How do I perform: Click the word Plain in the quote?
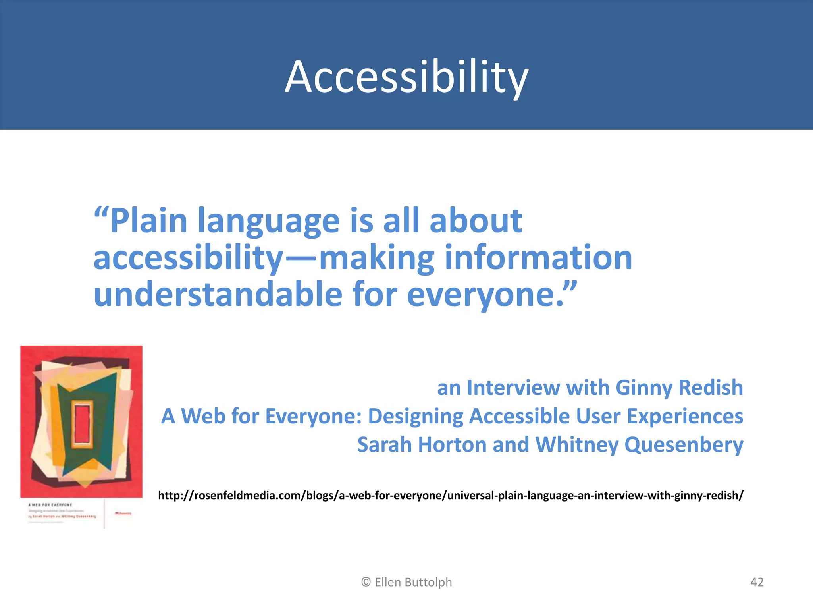[148, 221]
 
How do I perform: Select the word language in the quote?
[269, 222]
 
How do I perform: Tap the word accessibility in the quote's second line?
[189, 258]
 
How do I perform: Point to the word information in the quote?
[538, 258]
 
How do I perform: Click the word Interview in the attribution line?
[513, 388]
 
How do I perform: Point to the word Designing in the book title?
[416, 417]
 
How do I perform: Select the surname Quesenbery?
[684, 445]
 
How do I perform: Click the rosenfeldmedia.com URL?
[451, 496]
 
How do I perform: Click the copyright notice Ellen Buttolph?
[406, 582]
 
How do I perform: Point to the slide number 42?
[757, 582]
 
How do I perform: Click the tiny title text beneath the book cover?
[50, 505]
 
